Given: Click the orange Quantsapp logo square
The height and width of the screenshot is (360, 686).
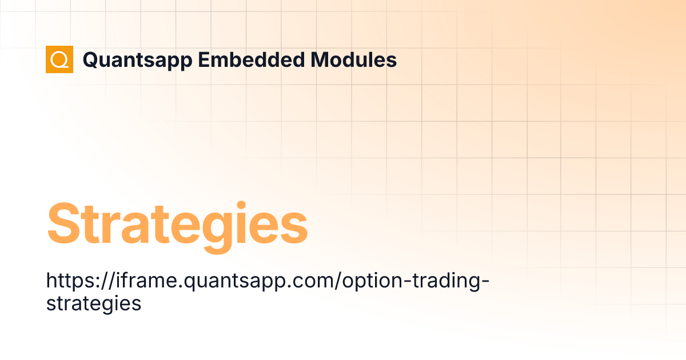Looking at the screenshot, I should (x=59, y=59).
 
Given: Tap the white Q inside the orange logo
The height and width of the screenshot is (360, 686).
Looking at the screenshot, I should (x=59, y=59).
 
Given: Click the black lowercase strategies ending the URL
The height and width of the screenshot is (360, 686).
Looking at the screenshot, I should (x=93, y=303).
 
